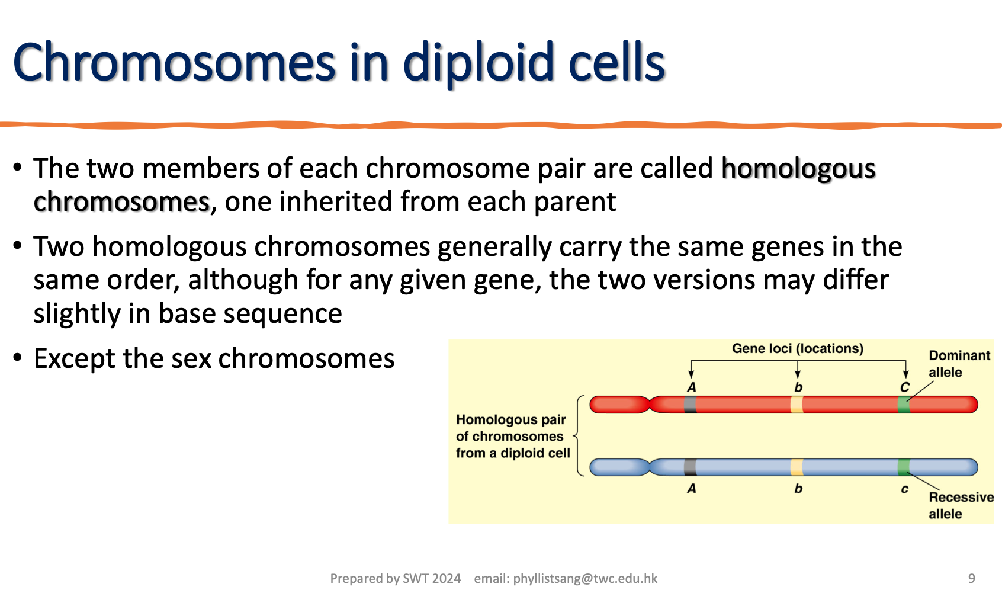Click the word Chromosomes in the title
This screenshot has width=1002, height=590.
(174, 63)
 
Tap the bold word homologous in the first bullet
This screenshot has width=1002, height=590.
(798, 169)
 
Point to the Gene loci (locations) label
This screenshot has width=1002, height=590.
(797, 348)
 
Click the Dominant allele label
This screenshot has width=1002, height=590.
(959, 364)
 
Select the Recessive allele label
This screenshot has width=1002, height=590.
(961, 505)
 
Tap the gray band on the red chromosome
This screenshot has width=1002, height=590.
(690, 405)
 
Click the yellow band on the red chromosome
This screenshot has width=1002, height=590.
(797, 405)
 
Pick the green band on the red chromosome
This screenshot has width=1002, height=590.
(904, 405)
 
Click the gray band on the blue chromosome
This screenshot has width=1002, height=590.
(690, 467)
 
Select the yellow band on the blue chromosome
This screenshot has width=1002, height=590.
(797, 467)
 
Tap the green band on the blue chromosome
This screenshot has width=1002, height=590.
(904, 467)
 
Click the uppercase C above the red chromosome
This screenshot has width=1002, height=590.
(905, 387)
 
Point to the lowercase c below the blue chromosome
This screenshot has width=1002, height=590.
(904, 489)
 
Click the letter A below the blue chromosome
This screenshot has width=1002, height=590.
(691, 489)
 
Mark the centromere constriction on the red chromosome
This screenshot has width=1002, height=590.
(650, 405)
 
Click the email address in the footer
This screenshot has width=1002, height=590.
(585, 579)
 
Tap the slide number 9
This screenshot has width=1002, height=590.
(971, 578)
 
